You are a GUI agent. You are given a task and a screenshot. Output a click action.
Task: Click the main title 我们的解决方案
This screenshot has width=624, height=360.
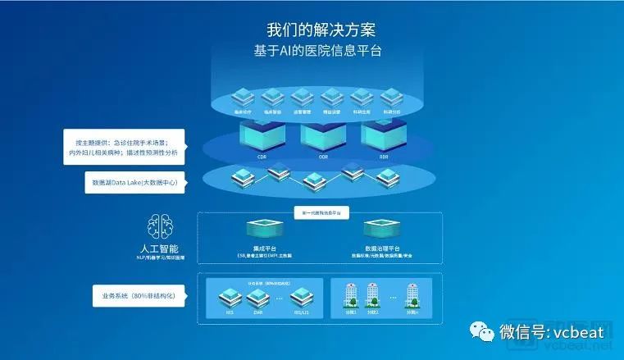(x=321, y=30)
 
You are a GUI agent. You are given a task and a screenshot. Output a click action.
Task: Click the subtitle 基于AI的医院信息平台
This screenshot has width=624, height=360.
(x=321, y=51)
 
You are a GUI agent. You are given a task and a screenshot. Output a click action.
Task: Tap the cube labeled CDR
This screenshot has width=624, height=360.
(x=261, y=134)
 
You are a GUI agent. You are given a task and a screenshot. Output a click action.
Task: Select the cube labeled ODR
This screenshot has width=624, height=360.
(x=323, y=134)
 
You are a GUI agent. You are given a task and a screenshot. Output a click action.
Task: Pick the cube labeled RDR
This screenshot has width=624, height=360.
(x=383, y=134)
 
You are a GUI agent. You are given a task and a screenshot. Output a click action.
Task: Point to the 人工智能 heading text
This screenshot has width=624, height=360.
(x=158, y=248)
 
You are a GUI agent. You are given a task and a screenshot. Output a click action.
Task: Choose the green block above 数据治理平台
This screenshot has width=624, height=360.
(x=380, y=227)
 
